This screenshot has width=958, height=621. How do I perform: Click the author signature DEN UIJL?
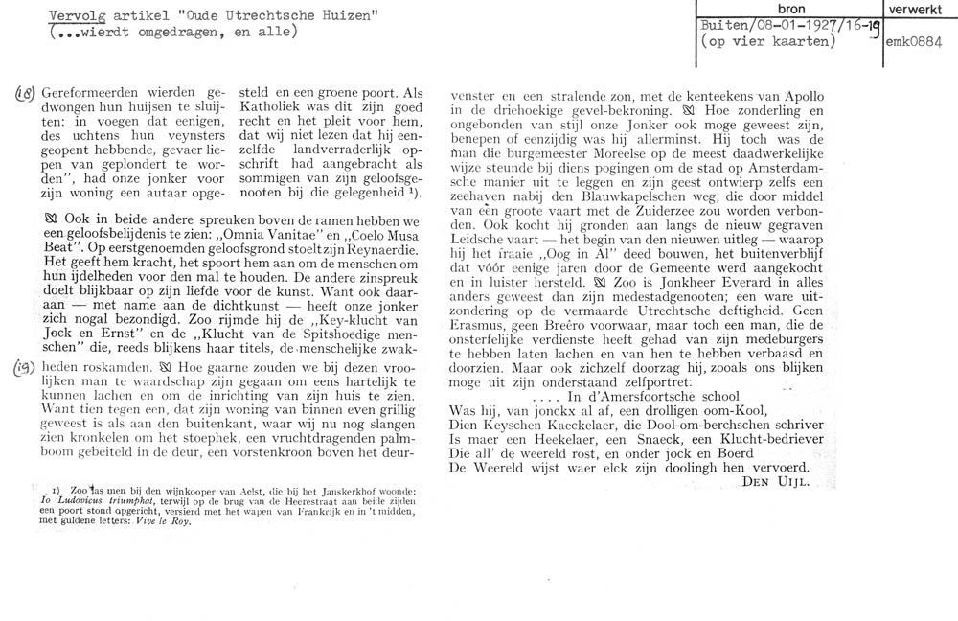click(x=777, y=483)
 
